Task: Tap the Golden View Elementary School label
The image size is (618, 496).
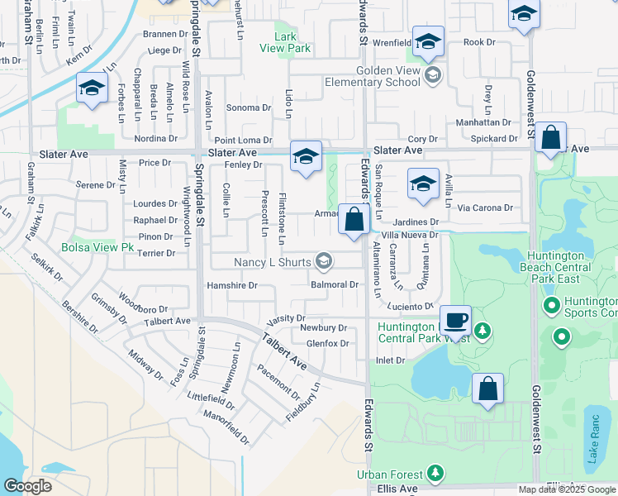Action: [390, 77]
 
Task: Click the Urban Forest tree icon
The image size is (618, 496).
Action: [435, 474]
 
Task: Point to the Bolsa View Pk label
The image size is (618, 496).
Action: [97, 247]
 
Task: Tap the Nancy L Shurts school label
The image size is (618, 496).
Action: [273, 262]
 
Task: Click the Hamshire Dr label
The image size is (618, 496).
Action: [232, 285]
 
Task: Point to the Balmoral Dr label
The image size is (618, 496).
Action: [334, 284]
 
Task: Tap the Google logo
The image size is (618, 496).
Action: [27, 486]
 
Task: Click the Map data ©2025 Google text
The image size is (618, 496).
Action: [567, 489]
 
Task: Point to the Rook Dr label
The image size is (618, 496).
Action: [478, 42]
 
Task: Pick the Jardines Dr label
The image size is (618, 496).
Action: [416, 222]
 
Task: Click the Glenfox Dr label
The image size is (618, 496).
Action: [327, 344]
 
